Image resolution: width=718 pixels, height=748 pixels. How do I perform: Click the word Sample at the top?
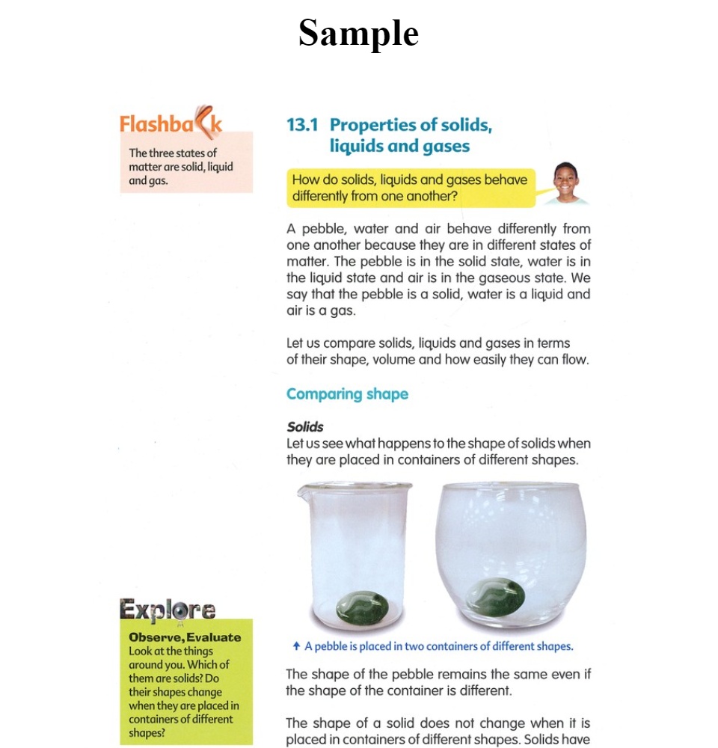point(358,34)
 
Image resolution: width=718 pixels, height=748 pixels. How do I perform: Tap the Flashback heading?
point(171,123)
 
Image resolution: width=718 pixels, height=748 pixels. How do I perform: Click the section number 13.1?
point(303,125)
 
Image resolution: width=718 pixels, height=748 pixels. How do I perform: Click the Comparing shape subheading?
point(347,394)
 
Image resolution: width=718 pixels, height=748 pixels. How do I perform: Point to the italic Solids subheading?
point(305,427)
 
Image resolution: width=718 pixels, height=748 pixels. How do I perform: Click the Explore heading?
point(168,610)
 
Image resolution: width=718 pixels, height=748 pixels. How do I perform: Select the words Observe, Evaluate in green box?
point(185,637)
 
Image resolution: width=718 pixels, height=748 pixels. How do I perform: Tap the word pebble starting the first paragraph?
point(323,229)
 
